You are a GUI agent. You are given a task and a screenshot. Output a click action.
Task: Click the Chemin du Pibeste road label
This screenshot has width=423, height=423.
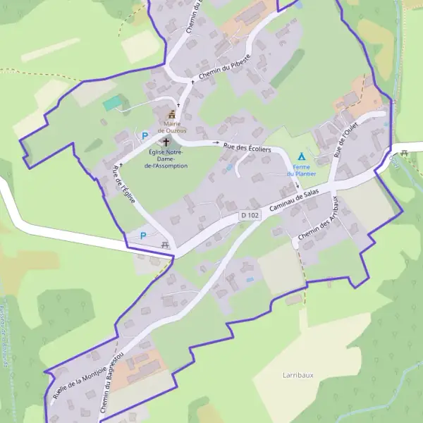223,67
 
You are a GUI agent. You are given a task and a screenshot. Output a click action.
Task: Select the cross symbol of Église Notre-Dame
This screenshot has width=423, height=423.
166,142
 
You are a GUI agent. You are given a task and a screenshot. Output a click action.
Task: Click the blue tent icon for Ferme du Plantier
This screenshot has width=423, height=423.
302,156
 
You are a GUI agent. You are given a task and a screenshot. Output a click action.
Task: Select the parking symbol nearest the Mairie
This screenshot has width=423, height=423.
145,135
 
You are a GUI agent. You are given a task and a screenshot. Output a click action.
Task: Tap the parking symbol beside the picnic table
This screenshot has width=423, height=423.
145,235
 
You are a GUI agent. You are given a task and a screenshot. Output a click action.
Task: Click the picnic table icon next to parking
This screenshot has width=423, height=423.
165,245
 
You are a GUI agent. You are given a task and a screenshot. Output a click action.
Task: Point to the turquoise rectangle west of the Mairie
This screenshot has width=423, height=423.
111,104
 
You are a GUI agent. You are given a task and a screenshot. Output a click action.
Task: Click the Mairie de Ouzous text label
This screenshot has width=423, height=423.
172,126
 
